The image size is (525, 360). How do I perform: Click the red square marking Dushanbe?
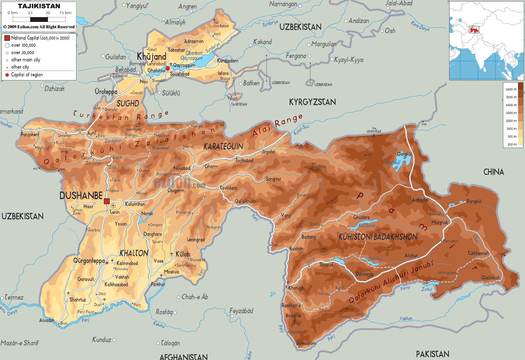(x=107, y=201)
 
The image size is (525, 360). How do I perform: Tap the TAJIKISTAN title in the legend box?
(x=39, y=6)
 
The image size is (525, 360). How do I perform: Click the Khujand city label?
(x=151, y=56)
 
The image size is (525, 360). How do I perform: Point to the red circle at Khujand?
(x=168, y=68)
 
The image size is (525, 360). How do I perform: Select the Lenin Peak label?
(x=374, y=131)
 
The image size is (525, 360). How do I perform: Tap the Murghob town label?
(x=439, y=223)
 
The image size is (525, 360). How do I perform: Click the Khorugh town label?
(x=296, y=288)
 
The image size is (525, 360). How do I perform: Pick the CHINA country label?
(x=493, y=172)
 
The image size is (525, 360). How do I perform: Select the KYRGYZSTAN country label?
(x=312, y=102)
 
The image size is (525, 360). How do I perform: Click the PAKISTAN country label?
(x=432, y=354)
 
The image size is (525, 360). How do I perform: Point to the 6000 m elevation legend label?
(x=511, y=89)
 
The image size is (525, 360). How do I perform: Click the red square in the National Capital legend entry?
(x=7, y=38)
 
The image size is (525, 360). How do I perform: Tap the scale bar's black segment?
(x=39, y=19)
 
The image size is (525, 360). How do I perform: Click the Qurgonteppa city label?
(x=89, y=260)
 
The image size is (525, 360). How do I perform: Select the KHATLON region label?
(x=134, y=253)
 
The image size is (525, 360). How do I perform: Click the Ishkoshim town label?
(x=306, y=343)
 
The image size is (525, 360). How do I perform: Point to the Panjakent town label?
(x=30, y=134)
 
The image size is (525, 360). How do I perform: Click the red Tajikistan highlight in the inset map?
(x=474, y=29)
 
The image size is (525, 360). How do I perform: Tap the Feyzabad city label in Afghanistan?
(x=241, y=311)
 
